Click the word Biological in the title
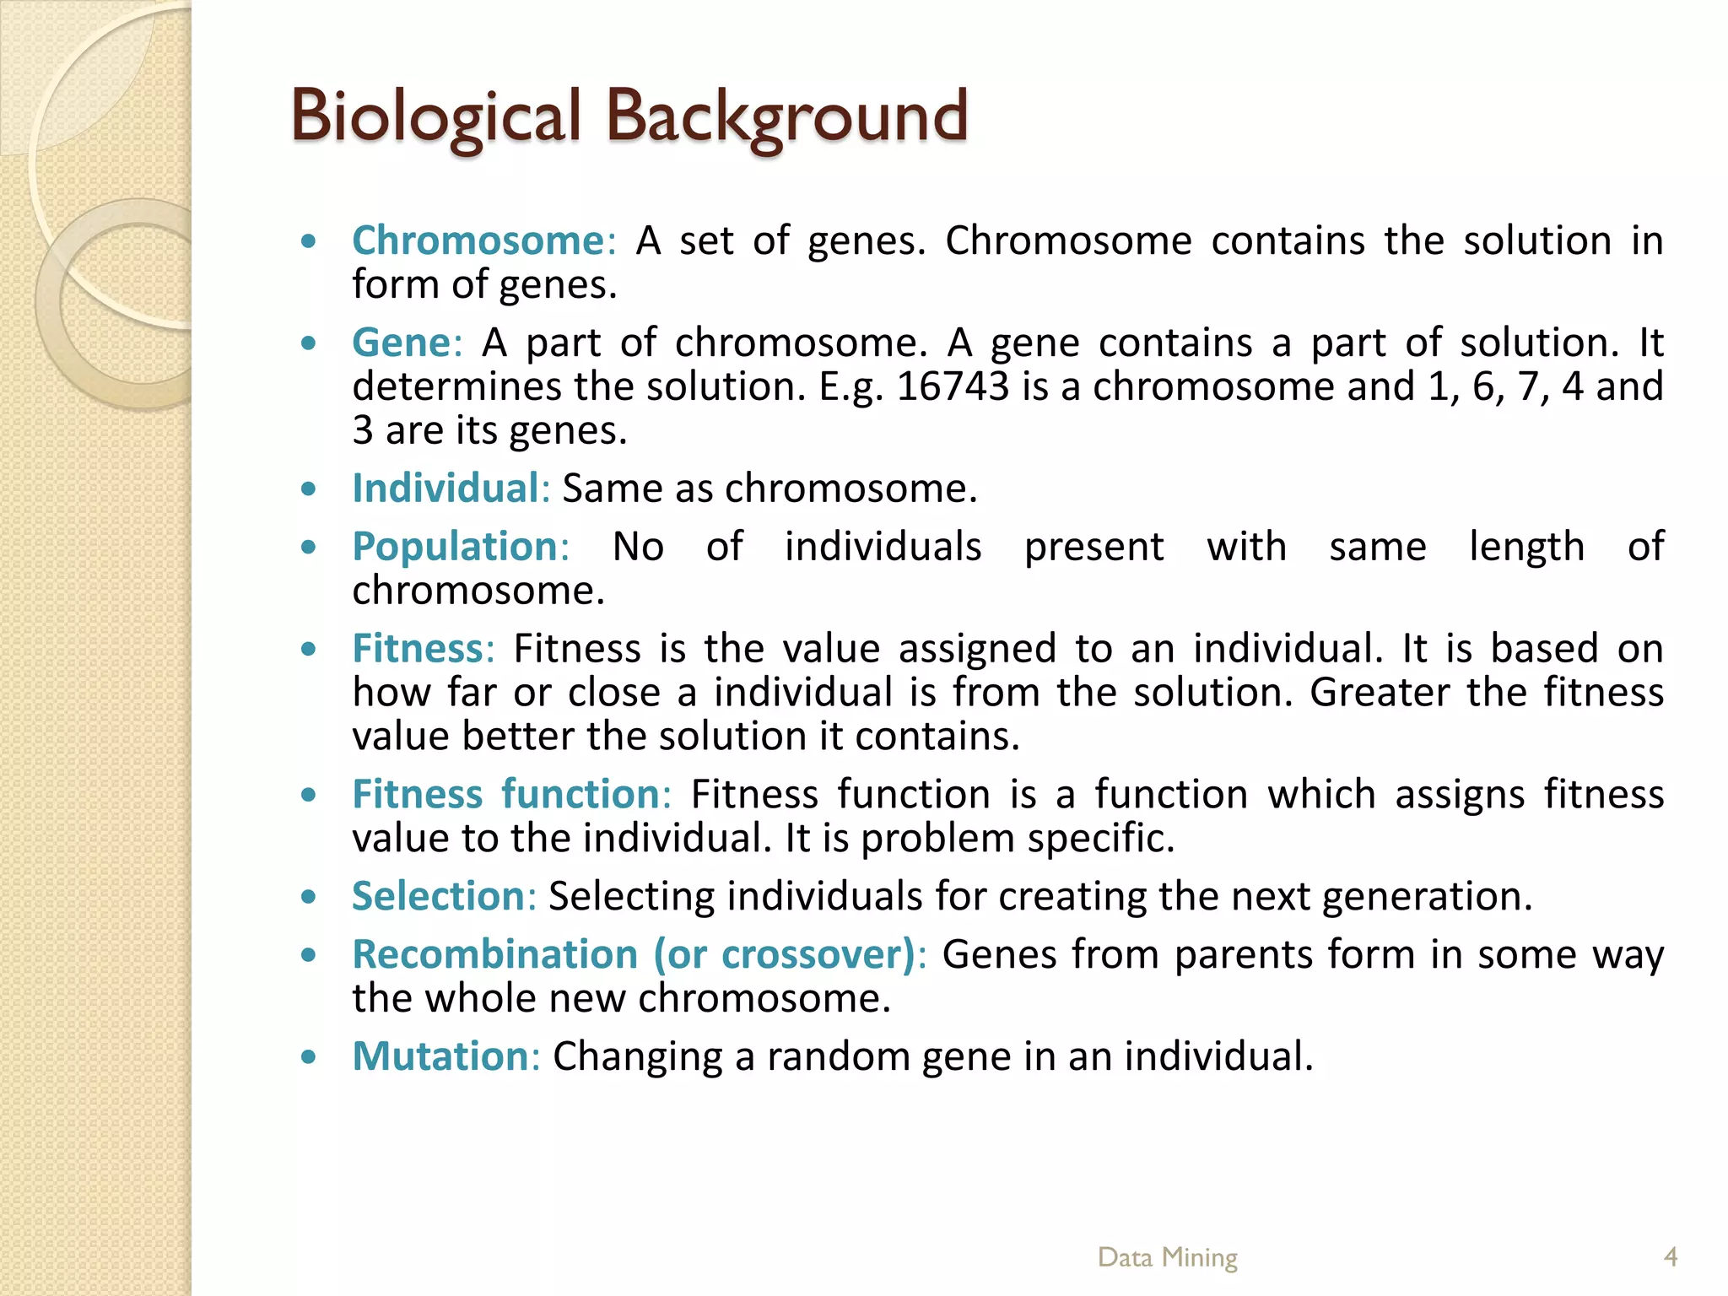tap(435, 116)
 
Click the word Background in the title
tap(786, 116)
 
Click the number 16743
tap(953, 387)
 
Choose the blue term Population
tap(456, 547)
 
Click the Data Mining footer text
tap(1167, 1257)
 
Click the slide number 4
tap(1670, 1257)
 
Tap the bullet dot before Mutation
tap(309, 1056)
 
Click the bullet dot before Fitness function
tap(309, 795)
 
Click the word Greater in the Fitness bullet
tap(1379, 693)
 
